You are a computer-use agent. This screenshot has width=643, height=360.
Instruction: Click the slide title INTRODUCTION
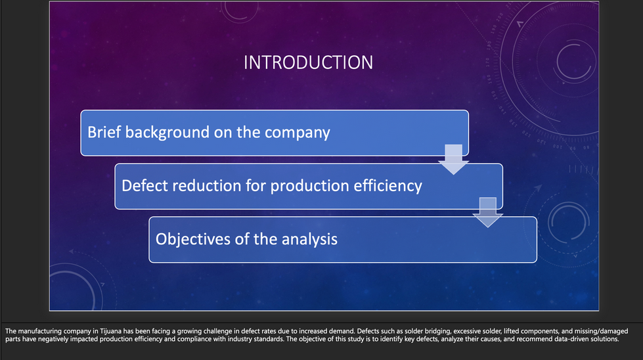click(309, 62)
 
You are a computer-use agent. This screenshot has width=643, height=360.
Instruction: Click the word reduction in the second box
click(207, 186)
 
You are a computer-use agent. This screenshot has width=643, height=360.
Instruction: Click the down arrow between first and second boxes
click(454, 160)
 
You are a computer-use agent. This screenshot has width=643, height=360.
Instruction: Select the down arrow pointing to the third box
click(487, 212)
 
